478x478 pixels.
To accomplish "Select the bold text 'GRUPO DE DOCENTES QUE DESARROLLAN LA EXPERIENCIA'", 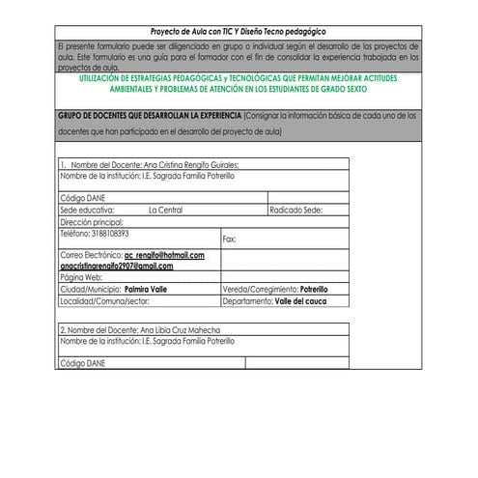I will tap(149, 115).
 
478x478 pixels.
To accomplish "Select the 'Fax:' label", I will tap(230, 239).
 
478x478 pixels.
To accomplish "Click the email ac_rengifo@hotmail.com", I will tap(163, 255).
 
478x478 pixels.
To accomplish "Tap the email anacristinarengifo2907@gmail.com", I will tap(116, 266).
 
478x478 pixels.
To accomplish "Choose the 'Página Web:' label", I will tap(80, 277).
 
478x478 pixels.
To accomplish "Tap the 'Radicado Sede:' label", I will tap(295, 209).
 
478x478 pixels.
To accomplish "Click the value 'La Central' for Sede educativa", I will tap(165, 209).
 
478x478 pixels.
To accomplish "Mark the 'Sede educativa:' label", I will tap(88, 209).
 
